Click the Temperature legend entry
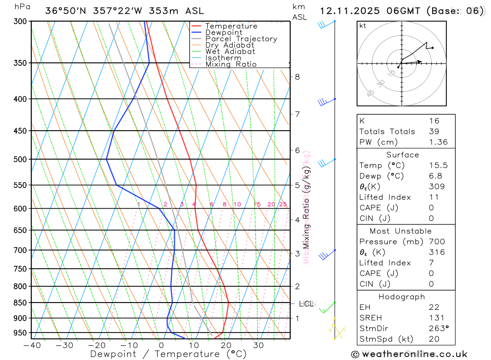231,26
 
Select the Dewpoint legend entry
223,32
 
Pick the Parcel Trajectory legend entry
241,39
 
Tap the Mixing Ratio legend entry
231,64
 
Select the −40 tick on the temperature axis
31,345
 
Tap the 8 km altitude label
298,77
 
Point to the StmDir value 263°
438,328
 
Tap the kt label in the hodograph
363,26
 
